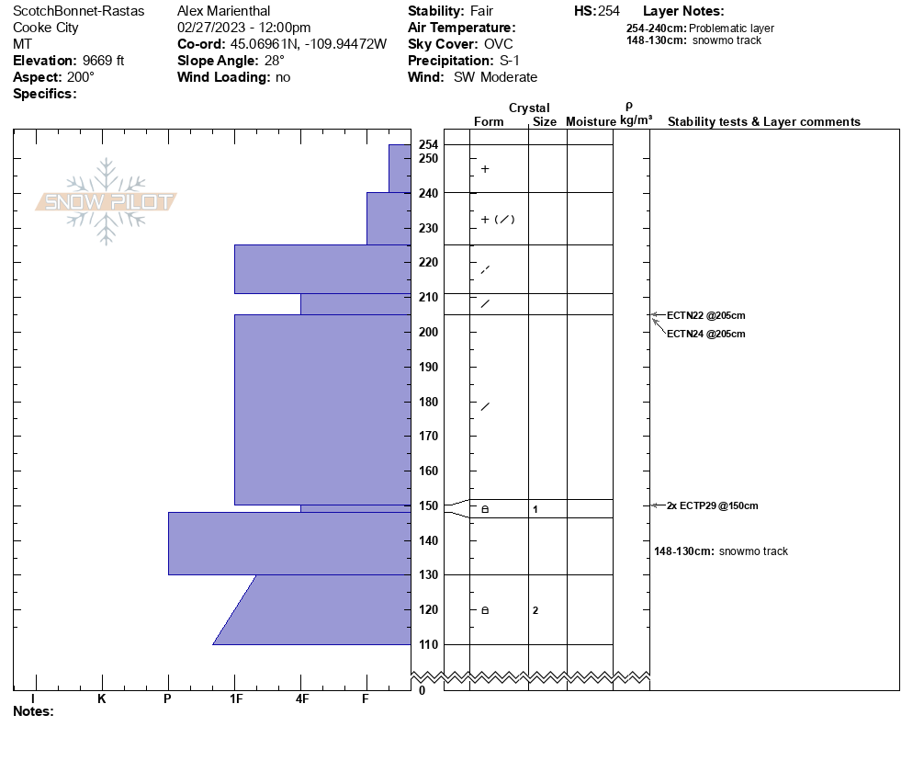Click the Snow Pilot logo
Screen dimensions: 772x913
pos(107,201)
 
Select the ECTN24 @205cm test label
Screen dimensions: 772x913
pos(705,334)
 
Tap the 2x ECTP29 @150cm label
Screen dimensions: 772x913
pos(712,505)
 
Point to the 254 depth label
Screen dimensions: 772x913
pos(428,145)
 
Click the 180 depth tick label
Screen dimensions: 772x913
pos(428,402)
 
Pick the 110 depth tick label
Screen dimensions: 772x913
pos(428,644)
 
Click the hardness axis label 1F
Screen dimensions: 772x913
pos(235,699)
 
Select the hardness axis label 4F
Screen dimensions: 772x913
pos(301,699)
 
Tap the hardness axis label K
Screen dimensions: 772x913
pos(102,699)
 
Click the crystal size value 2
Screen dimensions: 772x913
pos(535,610)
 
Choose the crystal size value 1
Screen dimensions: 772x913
pos(535,509)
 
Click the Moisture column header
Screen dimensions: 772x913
pos(591,121)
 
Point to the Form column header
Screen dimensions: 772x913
pos(489,121)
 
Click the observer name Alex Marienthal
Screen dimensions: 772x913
pos(223,11)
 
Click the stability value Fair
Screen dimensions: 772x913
pos(482,11)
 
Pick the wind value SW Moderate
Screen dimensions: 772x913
pos(495,77)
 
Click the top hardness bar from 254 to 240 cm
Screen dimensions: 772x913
pos(400,168)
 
